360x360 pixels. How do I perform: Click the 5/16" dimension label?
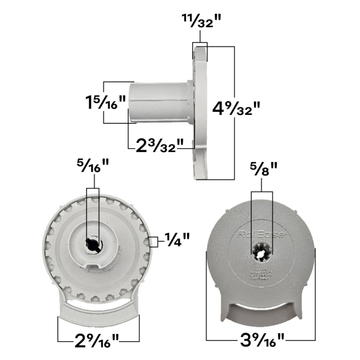pyautogui.click(x=92, y=166)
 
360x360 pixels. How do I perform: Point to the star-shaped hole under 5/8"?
pyautogui.click(x=262, y=251)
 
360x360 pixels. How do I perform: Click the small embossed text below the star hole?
pyautogui.click(x=262, y=275)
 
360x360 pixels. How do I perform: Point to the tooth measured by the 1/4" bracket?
pyautogui.click(x=148, y=242)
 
